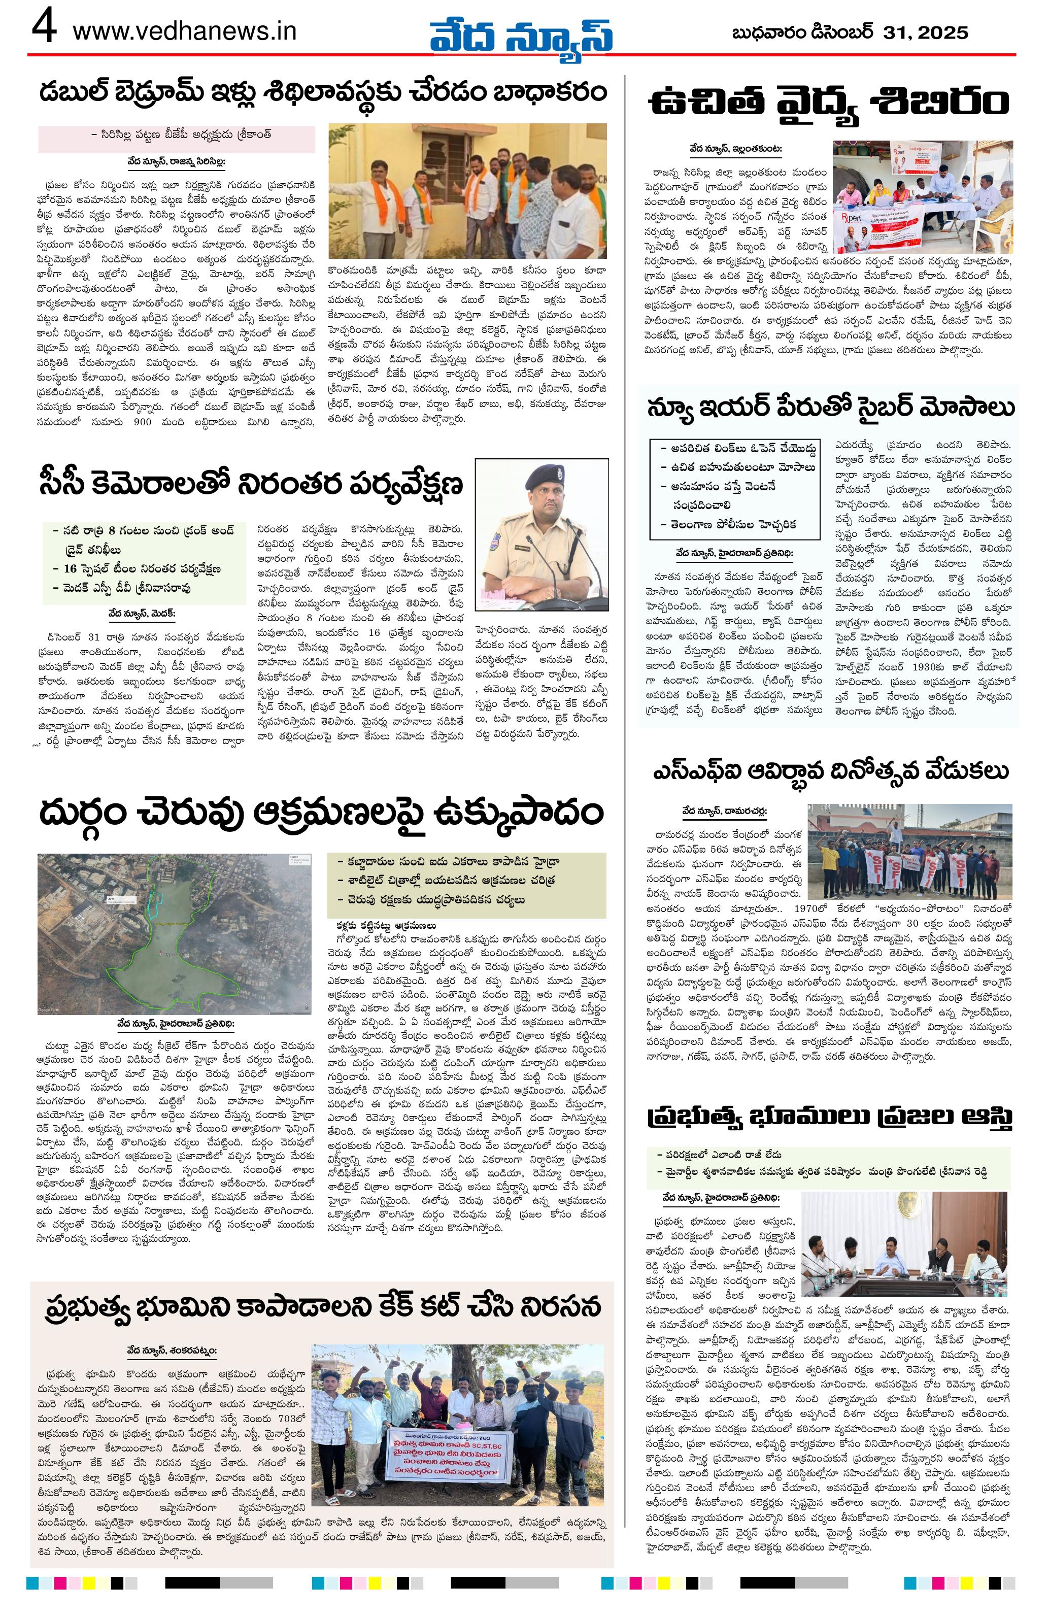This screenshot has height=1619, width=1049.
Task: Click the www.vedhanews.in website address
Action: [x=184, y=31]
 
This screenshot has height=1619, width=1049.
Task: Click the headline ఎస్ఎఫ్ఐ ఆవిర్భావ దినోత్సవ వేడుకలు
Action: [x=829, y=772]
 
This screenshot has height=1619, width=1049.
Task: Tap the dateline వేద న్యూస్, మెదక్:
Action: [x=142, y=613]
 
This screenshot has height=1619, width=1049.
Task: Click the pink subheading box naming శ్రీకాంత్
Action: [x=176, y=136]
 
